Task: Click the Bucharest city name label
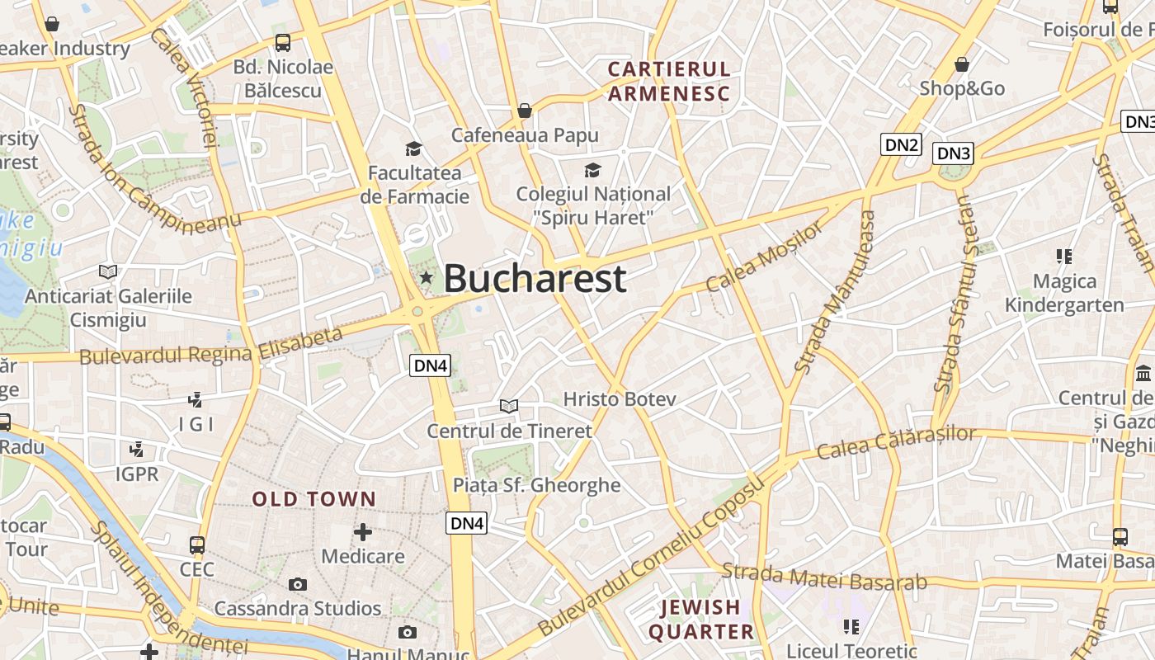click(535, 279)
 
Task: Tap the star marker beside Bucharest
click(426, 278)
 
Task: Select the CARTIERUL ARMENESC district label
click(669, 81)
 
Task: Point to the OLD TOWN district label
click(313, 499)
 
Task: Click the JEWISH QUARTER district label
click(701, 620)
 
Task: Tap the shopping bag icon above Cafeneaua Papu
click(525, 111)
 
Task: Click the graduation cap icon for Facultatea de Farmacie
click(413, 148)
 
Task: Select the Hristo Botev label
click(620, 399)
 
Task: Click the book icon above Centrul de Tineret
click(509, 406)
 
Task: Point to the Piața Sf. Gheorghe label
click(536, 485)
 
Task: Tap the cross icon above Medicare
click(362, 532)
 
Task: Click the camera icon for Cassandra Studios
click(298, 584)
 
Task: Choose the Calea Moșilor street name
click(765, 256)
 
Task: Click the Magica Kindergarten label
click(1064, 293)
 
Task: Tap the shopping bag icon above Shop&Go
click(961, 64)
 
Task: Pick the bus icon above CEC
click(197, 545)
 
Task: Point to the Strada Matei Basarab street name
click(824, 577)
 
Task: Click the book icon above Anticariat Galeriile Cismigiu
click(108, 271)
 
